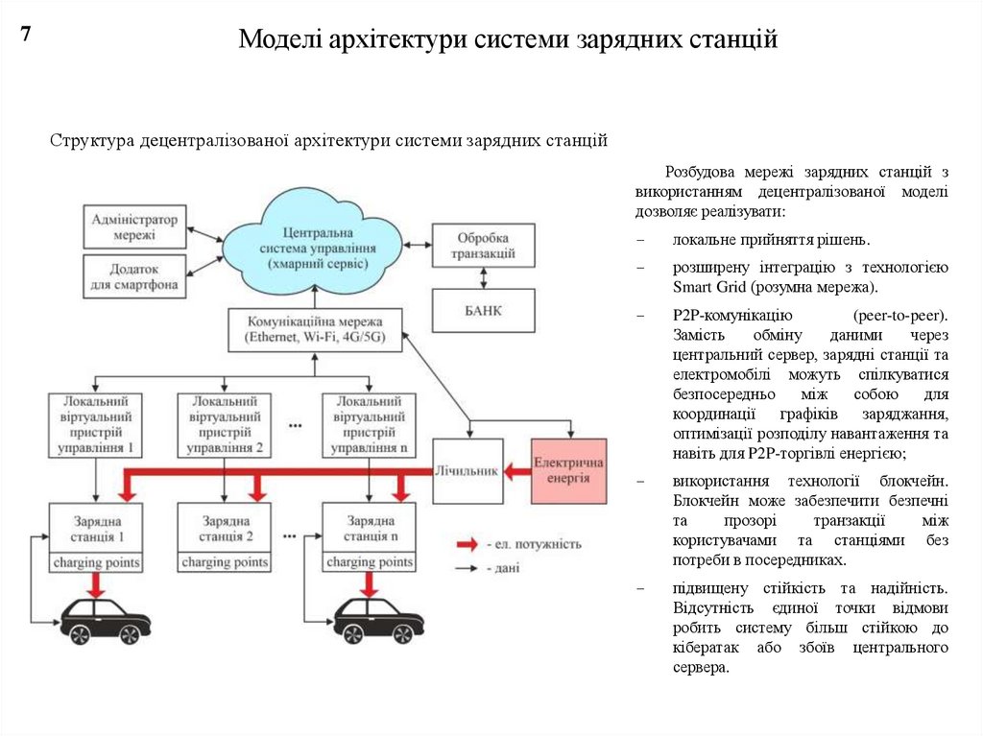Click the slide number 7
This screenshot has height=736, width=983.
coord(26,35)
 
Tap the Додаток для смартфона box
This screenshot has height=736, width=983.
coord(133,276)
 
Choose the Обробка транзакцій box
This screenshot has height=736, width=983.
coord(482,246)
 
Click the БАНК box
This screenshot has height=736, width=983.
coord(483,311)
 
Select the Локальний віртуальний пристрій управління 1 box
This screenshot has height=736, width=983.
coord(96,423)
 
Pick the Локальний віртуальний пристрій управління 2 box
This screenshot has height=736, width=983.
coord(224,423)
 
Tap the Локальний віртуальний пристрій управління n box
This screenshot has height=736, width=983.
coord(369,423)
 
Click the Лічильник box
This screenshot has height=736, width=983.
coord(468,471)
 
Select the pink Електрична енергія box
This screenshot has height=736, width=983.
coord(568,470)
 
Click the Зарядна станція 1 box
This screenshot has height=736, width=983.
coord(96,528)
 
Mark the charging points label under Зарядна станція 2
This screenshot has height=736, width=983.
coord(224,561)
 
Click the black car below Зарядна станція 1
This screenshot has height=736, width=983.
coord(106,621)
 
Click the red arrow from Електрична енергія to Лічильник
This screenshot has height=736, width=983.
coord(517,470)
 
